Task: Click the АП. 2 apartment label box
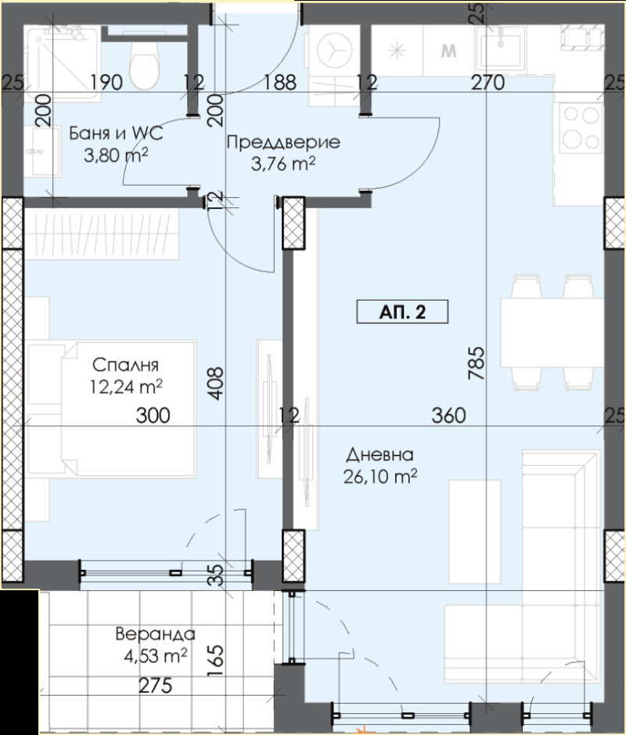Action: coord(402,312)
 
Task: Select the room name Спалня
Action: coord(126,365)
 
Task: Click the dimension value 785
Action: coord(479,363)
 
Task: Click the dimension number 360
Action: coord(449,416)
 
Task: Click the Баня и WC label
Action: coord(115,133)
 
